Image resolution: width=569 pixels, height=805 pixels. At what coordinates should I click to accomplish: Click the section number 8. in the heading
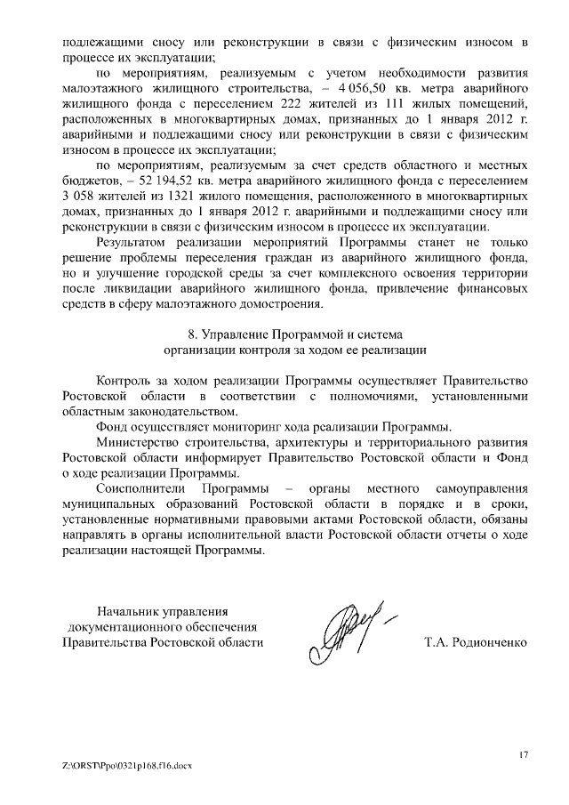[x=196, y=334]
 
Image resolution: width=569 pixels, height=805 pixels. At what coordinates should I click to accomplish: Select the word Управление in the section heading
[x=235, y=334]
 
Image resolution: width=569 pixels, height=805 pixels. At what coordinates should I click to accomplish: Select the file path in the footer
[x=121, y=765]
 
